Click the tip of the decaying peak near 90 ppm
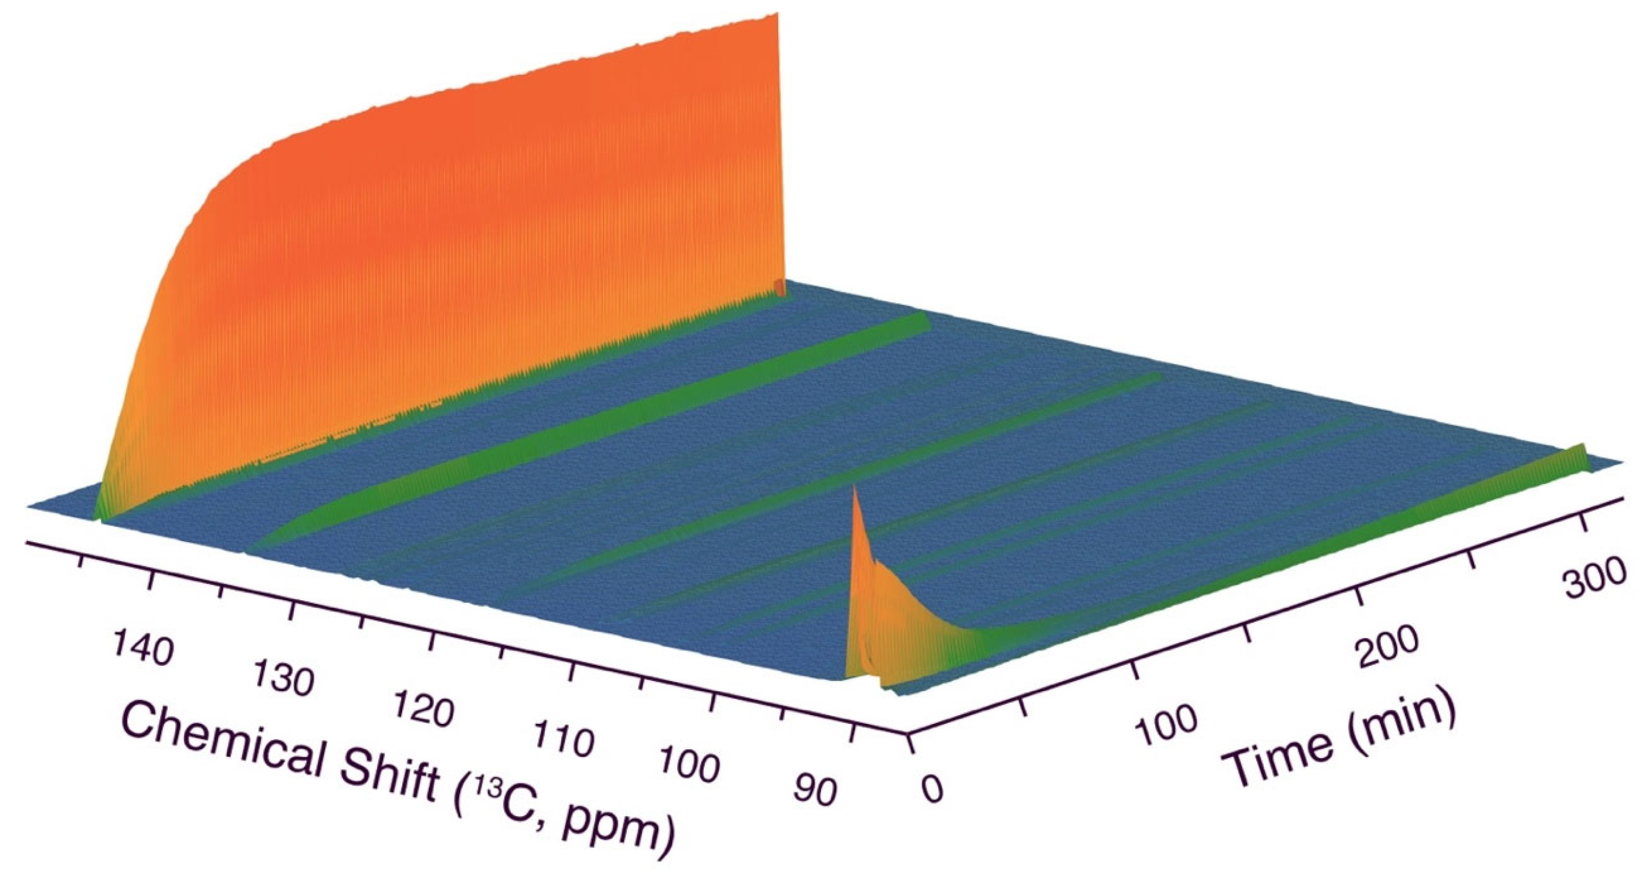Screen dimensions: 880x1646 point(854,489)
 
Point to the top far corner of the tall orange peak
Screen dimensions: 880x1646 point(777,14)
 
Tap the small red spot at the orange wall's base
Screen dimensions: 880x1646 point(779,287)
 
